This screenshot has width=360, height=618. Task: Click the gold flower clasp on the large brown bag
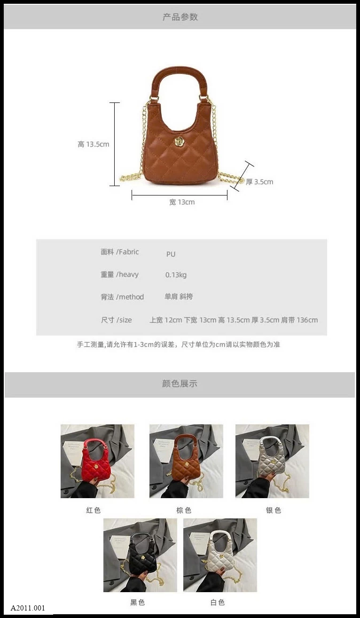180,142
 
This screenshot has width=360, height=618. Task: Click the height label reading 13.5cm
93,144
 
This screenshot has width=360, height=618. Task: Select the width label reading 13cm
182,202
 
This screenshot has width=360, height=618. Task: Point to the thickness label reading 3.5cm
259,181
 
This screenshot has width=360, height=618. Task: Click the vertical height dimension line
115,144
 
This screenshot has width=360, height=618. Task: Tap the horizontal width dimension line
180,195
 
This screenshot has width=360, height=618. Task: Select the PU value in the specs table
171,254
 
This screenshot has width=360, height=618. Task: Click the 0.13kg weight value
176,275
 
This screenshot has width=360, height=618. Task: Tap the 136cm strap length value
307,320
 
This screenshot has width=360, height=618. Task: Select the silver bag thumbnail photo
272,461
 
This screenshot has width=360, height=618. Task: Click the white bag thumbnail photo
220,555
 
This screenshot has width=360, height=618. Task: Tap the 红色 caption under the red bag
93,510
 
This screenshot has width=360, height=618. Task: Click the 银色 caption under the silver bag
274,510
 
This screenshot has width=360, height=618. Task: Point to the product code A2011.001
28,608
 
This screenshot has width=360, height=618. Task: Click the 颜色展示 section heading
180,383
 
